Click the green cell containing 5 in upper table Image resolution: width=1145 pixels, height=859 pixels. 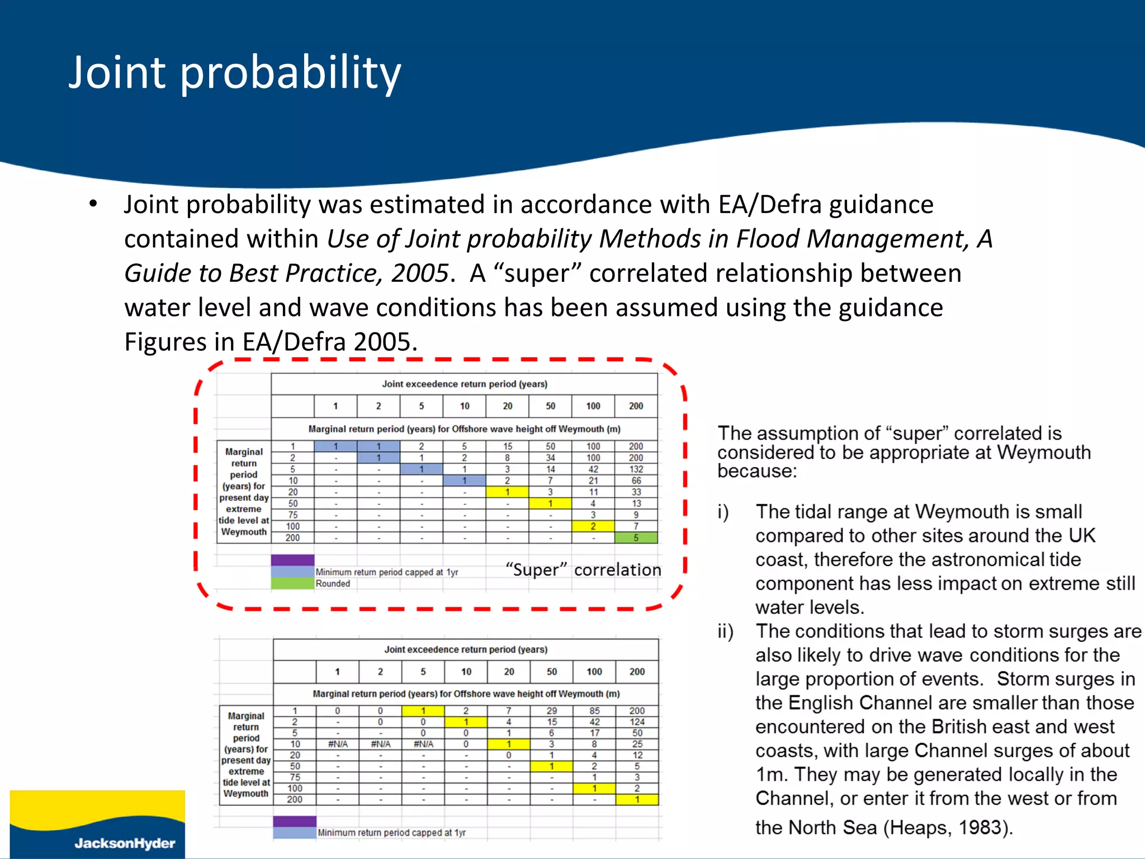(636, 537)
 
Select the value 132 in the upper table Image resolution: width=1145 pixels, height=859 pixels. (636, 469)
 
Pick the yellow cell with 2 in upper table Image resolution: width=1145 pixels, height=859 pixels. (593, 526)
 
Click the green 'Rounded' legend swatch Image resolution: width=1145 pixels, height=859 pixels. (292, 583)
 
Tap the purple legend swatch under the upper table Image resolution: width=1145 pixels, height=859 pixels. (292, 560)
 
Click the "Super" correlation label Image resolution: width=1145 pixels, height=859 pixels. (583, 570)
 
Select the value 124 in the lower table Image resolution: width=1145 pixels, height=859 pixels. (637, 722)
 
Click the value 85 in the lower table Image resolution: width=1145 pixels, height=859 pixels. (594, 711)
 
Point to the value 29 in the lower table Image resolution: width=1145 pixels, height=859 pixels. (551, 711)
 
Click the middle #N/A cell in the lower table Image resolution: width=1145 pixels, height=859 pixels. (380, 744)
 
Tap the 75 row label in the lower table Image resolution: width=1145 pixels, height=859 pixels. (295, 777)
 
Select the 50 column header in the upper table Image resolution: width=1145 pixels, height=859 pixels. (550, 406)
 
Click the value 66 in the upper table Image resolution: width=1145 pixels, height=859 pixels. (636, 480)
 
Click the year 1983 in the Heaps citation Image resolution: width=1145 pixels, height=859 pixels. (980, 827)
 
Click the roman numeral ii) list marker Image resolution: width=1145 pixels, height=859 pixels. (725, 631)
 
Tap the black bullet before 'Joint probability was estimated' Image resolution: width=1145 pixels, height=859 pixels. (93, 204)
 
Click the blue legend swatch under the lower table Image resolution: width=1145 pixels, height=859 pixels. (295, 833)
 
